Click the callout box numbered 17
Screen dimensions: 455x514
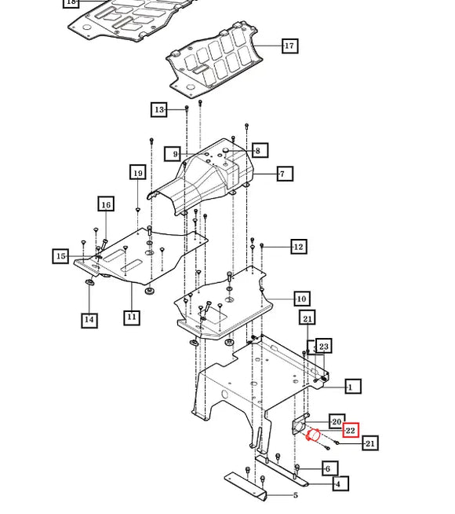tap(289, 46)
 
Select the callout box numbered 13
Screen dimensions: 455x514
tap(159, 109)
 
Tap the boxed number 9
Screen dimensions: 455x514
tap(173, 154)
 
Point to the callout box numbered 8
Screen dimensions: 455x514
tap(260, 150)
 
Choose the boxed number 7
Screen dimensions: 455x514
tap(285, 174)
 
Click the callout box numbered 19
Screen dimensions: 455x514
tap(138, 172)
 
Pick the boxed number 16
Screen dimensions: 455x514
tap(106, 204)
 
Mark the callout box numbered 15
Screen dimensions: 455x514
tap(60, 256)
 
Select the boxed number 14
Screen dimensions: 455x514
tap(89, 320)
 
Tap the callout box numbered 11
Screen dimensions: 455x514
tap(132, 318)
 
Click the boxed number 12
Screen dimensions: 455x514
tap(299, 246)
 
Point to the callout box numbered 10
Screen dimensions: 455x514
tap(301, 299)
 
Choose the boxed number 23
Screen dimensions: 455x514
tap(324, 346)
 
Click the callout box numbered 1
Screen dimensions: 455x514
tap(353, 387)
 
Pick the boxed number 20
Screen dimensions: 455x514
tap(337, 421)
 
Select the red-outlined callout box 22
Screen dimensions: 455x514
tap(351, 430)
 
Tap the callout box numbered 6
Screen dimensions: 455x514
tap(330, 468)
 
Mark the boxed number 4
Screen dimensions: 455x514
tap(340, 483)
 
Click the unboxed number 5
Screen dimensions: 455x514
tap(296, 495)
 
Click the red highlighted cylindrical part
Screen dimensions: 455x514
tap(313, 435)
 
